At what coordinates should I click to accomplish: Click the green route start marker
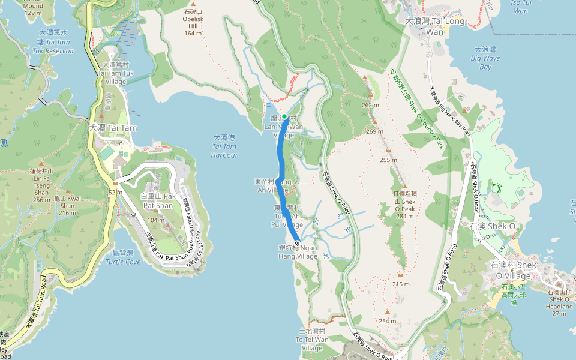(x=284, y=116)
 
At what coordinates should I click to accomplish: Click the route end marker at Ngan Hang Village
(x=296, y=242)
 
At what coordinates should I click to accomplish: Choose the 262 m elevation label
(x=371, y=106)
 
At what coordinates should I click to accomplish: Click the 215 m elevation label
(x=401, y=284)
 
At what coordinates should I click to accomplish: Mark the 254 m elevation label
(x=388, y=321)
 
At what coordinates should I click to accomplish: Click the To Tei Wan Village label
(x=312, y=340)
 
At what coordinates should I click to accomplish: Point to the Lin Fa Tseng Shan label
(x=41, y=182)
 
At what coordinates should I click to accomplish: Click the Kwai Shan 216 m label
(x=67, y=205)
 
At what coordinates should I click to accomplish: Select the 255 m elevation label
(x=389, y=160)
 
